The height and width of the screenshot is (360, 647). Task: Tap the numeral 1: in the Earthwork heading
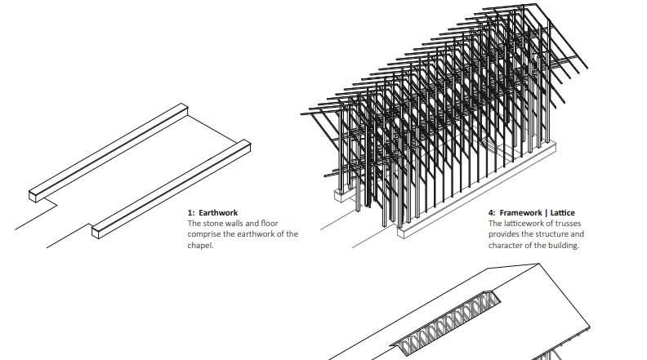tap(192, 213)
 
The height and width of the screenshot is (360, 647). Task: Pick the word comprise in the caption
tap(205, 234)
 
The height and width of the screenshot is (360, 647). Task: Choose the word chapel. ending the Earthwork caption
tap(200, 245)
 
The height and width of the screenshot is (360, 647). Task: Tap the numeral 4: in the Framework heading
tap(493, 213)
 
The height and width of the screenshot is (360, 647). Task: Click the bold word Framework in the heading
tap(522, 213)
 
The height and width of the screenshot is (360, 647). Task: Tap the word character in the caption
tap(506, 245)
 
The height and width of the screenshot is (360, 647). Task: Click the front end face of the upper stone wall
tap(34, 195)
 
